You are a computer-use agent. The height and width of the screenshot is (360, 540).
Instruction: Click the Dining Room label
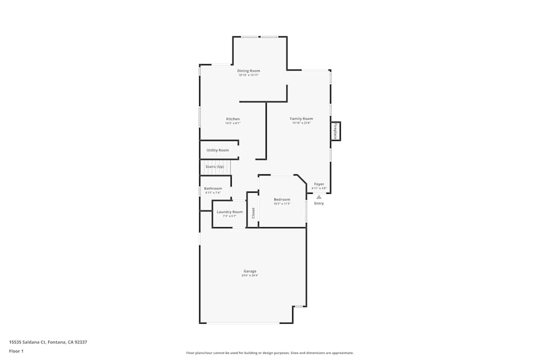coord(248,71)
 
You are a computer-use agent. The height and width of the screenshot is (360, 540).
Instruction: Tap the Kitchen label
coord(233,119)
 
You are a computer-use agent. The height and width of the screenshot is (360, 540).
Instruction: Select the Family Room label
coord(301,119)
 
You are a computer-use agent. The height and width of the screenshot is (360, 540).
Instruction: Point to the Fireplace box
coord(335,131)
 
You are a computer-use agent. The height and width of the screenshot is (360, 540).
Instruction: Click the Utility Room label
coord(218,150)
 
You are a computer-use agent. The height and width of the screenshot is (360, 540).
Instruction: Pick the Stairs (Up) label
coord(215,167)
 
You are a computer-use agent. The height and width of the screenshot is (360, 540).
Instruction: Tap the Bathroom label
coord(213,188)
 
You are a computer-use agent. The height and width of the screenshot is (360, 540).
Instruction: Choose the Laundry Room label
coord(230,212)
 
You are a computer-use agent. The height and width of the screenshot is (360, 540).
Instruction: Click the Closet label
coord(253,213)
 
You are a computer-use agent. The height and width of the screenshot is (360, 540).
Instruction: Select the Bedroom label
coord(282,200)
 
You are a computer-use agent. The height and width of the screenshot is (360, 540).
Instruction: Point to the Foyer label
coord(319,184)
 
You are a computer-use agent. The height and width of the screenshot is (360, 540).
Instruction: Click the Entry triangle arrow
coord(319,197)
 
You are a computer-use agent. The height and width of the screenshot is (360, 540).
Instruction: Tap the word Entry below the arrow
coord(319,203)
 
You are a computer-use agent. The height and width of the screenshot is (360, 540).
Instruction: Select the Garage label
coord(250,271)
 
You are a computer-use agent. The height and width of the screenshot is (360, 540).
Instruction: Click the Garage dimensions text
coord(250,276)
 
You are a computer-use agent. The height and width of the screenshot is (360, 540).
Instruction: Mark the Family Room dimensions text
coord(301,123)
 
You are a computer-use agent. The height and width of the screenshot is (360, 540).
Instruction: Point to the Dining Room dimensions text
coord(248,75)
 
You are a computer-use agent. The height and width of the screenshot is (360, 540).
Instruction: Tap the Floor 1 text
coord(16,351)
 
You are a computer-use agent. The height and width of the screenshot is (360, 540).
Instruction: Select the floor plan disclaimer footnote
coord(270,353)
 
